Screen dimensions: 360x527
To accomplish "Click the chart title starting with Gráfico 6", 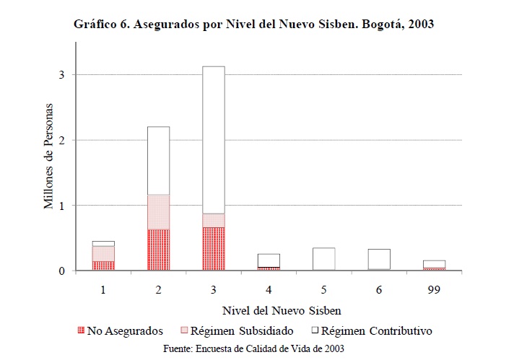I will click(x=253, y=24).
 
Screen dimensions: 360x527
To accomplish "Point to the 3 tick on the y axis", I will click(x=62, y=74).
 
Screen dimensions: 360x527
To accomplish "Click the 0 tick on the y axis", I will click(x=62, y=271).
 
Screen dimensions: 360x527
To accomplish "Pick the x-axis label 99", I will click(x=434, y=289).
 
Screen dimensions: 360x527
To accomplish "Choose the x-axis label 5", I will click(x=324, y=289).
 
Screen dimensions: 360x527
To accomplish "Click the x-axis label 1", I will click(x=103, y=289).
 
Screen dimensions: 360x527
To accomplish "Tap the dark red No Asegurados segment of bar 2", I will click(x=158, y=250).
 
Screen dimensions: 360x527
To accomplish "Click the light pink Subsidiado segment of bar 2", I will click(x=158, y=211).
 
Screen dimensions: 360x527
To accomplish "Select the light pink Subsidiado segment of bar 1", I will click(x=103, y=253).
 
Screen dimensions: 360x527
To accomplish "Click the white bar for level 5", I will click(x=324, y=258).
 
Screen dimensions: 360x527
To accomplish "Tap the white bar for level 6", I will click(x=379, y=259).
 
